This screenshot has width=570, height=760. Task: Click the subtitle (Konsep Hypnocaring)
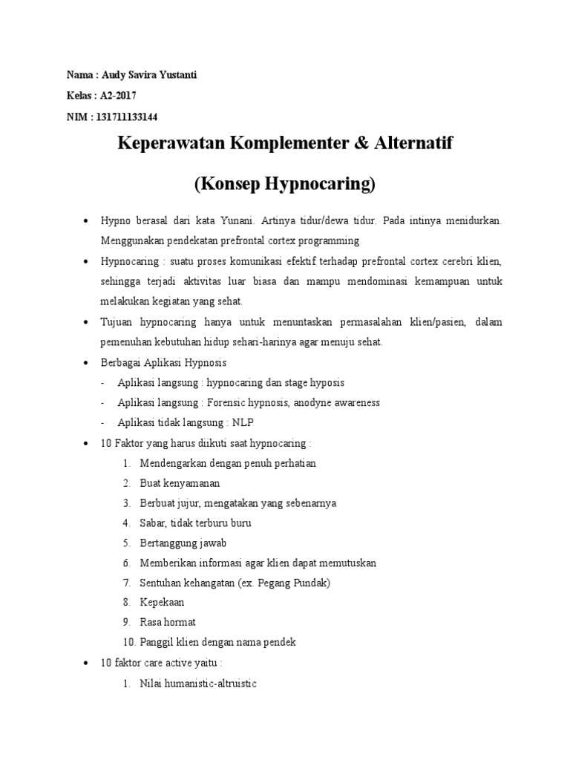pos(285,183)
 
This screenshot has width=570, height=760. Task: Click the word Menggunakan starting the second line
pos(131,241)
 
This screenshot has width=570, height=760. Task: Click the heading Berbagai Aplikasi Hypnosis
pos(163,362)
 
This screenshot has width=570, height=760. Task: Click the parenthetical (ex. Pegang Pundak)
pos(282,583)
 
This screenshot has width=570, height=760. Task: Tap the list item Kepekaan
pos(162,603)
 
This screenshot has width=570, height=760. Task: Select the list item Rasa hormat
pos(168,622)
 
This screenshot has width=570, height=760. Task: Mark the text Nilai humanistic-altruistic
pos(197,683)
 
